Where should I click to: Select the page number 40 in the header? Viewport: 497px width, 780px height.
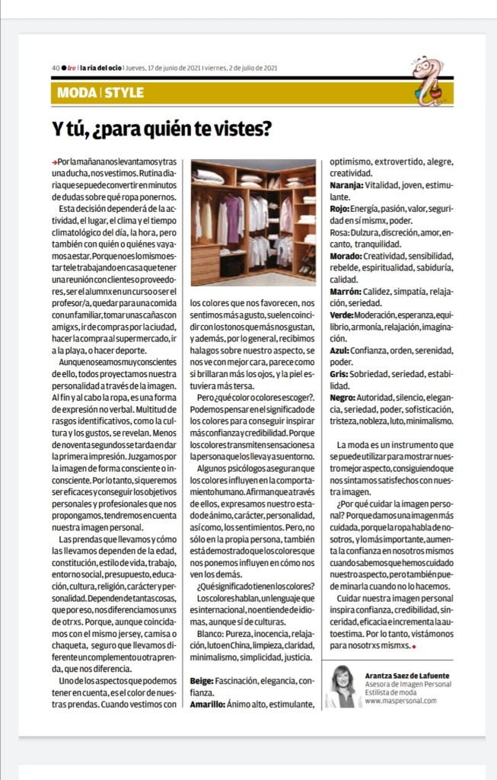(56, 68)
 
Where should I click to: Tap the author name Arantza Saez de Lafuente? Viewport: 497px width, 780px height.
(407, 674)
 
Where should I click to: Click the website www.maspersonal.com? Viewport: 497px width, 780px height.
(400, 701)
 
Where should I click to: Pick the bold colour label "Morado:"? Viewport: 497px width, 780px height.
(346, 256)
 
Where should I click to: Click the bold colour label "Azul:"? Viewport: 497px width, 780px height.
(339, 351)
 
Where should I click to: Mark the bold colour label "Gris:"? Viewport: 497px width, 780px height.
(339, 375)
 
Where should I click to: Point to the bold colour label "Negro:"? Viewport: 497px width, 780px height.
(343, 398)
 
